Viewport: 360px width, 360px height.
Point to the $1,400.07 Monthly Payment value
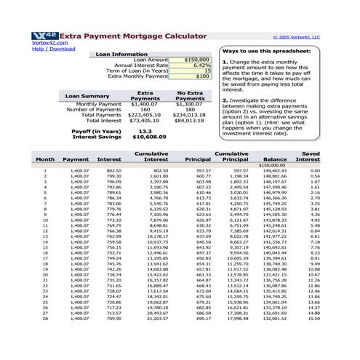[x=145, y=104]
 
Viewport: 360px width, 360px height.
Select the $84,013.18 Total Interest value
[x=191, y=120]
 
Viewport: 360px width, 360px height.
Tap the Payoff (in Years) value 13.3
[x=145, y=130]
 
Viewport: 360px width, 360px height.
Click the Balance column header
[x=275, y=159]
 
